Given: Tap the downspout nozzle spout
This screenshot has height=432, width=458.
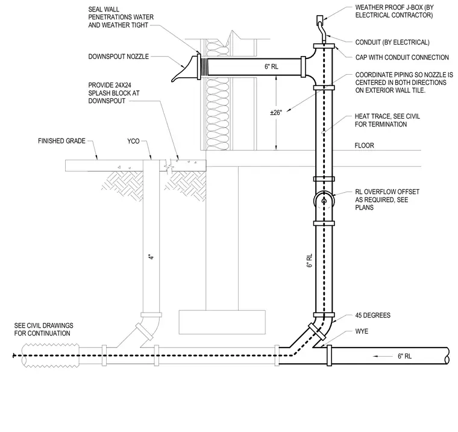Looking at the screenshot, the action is (x=184, y=69).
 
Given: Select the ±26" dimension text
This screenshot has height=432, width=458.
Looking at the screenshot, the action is (x=276, y=113).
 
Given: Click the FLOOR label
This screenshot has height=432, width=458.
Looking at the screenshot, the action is (x=364, y=145).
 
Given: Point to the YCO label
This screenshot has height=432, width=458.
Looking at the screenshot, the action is (x=134, y=142).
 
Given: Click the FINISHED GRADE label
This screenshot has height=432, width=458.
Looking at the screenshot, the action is (x=61, y=141).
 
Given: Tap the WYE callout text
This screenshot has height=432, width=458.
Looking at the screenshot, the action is (x=362, y=331).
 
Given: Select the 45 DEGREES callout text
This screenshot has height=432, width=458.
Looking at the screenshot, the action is (x=372, y=316).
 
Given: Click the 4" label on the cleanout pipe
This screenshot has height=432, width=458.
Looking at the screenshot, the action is (x=151, y=257).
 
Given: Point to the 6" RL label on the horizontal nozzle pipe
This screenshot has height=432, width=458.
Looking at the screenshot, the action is (x=271, y=67).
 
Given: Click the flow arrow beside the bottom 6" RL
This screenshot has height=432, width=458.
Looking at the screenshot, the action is (x=383, y=356).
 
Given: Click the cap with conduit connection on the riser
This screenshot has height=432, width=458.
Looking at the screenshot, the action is (x=324, y=46).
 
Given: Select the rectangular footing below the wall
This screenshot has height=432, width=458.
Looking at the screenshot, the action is (x=222, y=322).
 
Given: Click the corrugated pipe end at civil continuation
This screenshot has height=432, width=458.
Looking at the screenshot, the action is (x=50, y=355).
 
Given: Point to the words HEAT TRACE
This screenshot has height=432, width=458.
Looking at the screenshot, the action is (x=372, y=116).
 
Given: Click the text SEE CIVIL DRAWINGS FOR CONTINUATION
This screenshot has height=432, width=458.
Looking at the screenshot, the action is (x=44, y=330).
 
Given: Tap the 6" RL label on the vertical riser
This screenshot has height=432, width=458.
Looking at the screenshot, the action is (x=310, y=260).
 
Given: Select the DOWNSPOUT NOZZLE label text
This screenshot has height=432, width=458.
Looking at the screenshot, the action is (x=119, y=57).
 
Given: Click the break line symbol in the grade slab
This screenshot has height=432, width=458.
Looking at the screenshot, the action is (x=169, y=165).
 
